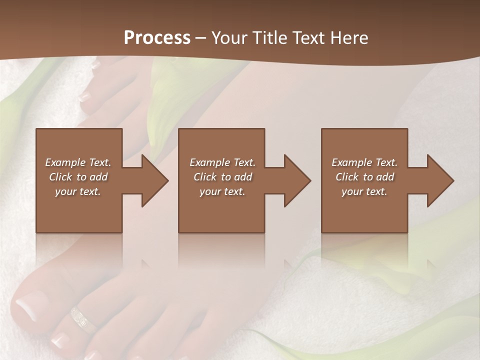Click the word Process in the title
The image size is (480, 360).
coord(157,38)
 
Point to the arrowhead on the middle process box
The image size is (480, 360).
coord(297,180)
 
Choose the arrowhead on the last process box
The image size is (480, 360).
coord(440,180)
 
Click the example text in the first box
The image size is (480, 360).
coord(78,177)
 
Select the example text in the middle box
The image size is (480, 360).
coord(222,177)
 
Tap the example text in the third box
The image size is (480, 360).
coord(364,177)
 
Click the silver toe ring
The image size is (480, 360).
coord(82,319)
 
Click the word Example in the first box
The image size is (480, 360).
coord(65,162)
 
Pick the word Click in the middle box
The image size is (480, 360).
coord(205,177)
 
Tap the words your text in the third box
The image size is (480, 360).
coord(364,191)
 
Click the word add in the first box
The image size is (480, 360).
coord(99,177)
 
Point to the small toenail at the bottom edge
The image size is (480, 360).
coord(60,340)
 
